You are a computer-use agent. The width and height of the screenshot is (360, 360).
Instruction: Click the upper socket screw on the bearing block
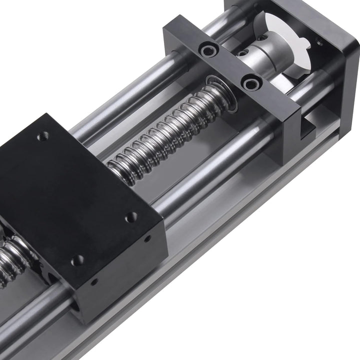pos(207,50)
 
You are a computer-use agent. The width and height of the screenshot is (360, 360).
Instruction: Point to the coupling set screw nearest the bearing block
pos(242,53)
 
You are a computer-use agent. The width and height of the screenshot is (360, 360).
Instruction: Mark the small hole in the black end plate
pos(318,43)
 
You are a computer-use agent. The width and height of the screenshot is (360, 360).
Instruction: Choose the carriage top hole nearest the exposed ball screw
pos(131,217)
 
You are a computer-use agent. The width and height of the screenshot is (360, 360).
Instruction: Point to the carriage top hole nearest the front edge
pos(77,260)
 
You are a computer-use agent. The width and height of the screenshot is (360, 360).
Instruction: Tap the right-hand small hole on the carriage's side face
pos(147,238)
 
